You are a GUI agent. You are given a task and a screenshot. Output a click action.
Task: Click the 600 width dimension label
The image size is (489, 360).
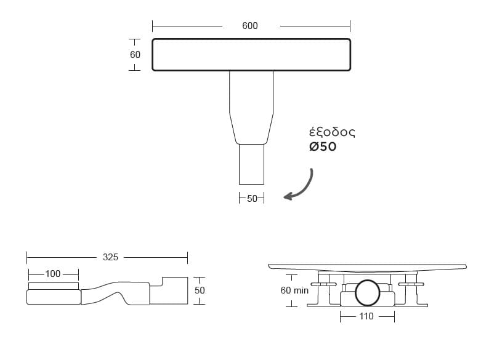pyautogui.click(x=250, y=26)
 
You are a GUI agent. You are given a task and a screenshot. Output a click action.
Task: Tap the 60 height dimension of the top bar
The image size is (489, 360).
pyautogui.click(x=135, y=55)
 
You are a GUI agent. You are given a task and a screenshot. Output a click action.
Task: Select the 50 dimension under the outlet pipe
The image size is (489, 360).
pyautogui.click(x=252, y=199)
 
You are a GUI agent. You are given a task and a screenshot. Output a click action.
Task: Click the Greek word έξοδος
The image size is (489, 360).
pyautogui.click(x=332, y=132)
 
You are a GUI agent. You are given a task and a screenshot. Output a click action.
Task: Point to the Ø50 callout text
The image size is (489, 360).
pyautogui.click(x=323, y=146)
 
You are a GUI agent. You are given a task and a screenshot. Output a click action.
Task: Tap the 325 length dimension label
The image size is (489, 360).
pyautogui.click(x=110, y=257)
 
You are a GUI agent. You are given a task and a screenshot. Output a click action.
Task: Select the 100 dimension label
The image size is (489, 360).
pyautogui.click(x=53, y=274)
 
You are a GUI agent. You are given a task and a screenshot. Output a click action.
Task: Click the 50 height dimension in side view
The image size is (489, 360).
pyautogui.click(x=200, y=290)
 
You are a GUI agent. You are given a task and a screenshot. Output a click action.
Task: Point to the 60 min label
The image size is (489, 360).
pyautogui.click(x=294, y=290)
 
